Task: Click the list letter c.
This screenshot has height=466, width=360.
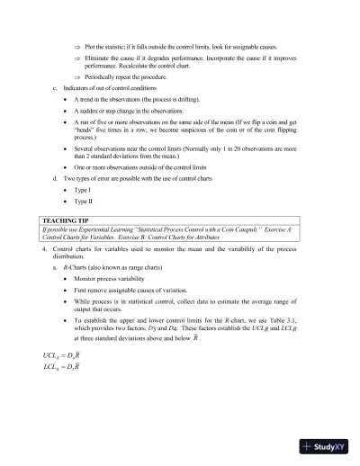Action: (56, 88)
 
